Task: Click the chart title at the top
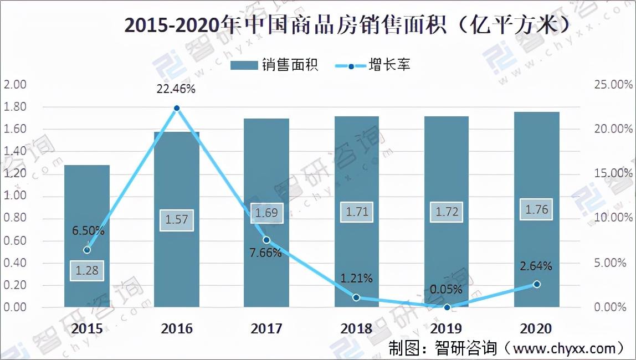(347, 25)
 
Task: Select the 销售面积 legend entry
(275, 65)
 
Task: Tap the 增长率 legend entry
(373, 65)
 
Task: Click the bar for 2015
(87, 236)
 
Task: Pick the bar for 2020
(537, 209)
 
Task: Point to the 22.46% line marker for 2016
(176, 108)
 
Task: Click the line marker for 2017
(266, 240)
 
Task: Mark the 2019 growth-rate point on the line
(447, 307)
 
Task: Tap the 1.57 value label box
(176, 220)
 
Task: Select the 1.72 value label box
(447, 212)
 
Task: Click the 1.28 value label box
(87, 270)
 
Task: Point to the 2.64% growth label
(536, 266)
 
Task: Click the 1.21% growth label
(356, 278)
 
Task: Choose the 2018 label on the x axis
(356, 328)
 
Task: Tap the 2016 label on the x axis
(176, 328)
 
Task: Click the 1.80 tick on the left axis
(14, 107)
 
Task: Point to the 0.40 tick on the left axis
(14, 263)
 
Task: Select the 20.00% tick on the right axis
(613, 129)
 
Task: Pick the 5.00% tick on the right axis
(610, 263)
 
